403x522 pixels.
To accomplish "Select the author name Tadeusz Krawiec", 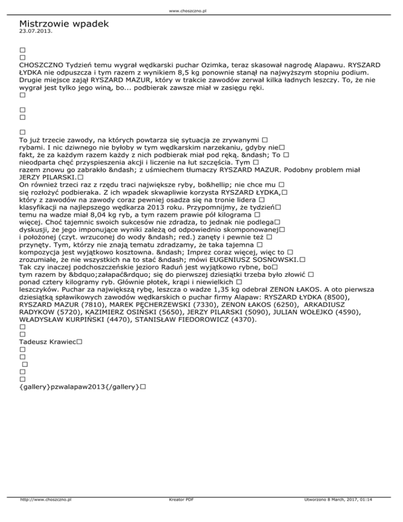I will pyautogui.click(x=47, y=341).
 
